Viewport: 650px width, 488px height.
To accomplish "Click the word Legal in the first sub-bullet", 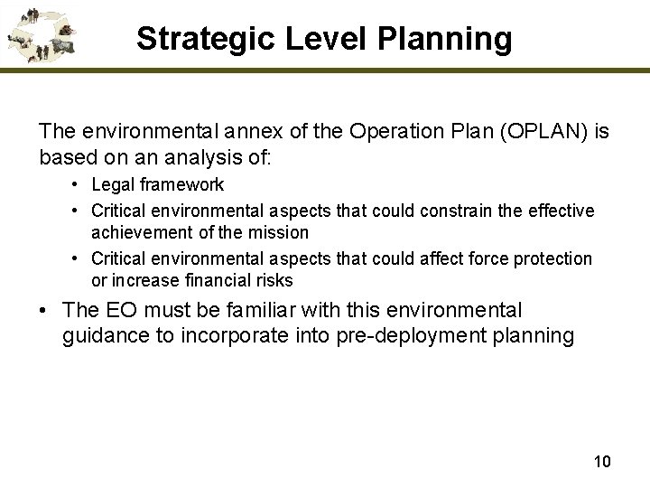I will point(112,185).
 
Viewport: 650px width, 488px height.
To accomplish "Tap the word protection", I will point(548,259).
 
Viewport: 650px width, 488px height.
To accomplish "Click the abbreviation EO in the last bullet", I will point(118,311).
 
